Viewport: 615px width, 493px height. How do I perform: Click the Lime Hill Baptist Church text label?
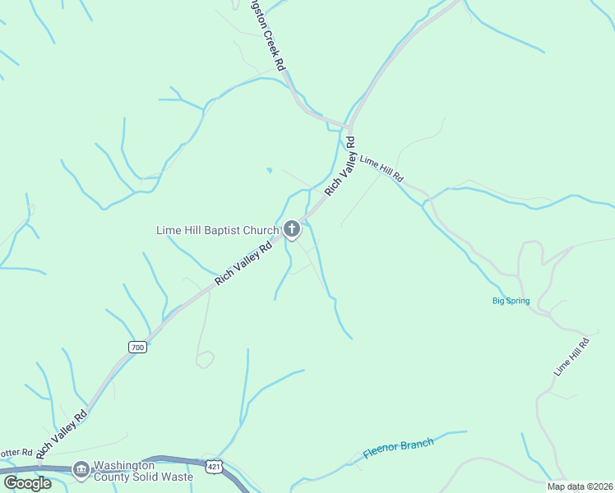tap(217, 230)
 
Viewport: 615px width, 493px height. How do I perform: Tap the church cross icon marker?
tap(292, 229)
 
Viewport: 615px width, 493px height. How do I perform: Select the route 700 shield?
tap(137, 348)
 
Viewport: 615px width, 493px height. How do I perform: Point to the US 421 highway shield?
tap(214, 466)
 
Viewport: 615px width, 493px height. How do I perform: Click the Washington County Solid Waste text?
tap(143, 470)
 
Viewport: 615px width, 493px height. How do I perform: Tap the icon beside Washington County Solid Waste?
tap(81, 470)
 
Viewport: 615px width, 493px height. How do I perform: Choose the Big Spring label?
tap(511, 301)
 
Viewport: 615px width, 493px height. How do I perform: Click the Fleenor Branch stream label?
tap(398, 449)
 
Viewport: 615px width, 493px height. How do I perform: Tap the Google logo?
tap(28, 483)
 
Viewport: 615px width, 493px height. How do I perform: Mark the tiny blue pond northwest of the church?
tap(269, 170)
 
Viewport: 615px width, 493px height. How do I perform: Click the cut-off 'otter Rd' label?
tap(15, 453)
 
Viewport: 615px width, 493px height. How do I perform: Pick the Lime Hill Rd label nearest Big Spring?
tap(571, 357)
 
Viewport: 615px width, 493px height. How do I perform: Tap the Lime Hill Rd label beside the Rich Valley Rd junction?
tap(381, 167)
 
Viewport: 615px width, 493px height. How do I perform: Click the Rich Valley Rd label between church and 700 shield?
tap(243, 264)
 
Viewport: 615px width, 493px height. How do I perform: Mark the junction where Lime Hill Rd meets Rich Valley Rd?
tap(350, 129)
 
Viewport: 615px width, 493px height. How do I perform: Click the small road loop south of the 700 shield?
tap(205, 359)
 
